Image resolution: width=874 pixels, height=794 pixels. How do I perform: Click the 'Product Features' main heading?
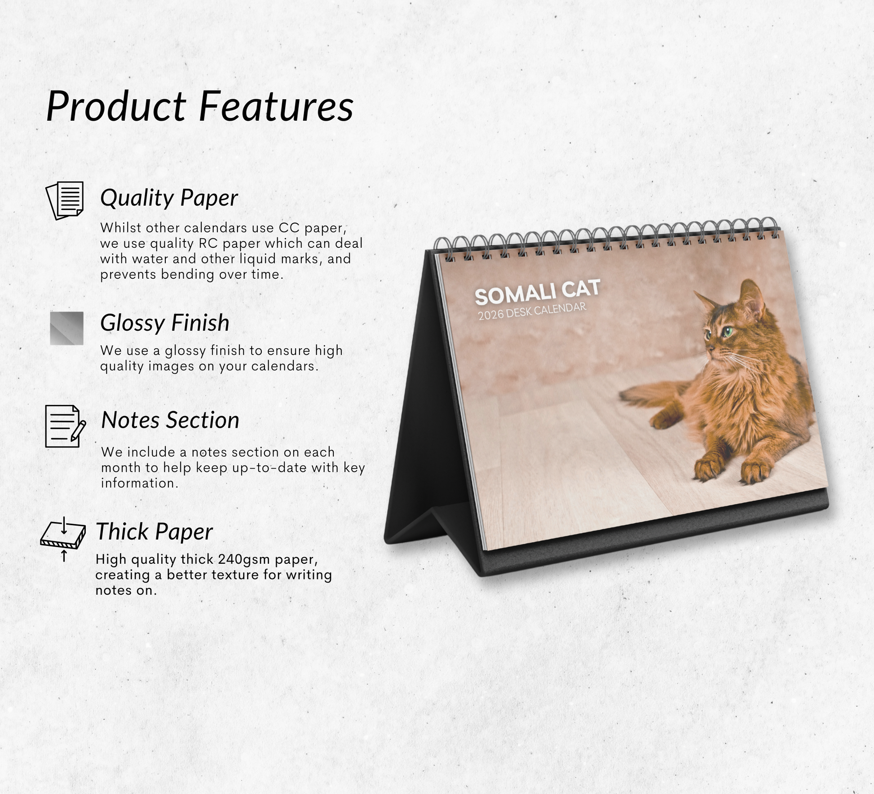[200, 106]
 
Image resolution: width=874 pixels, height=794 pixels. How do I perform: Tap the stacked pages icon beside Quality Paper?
[65, 201]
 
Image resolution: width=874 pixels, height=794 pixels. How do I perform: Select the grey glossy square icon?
[66, 328]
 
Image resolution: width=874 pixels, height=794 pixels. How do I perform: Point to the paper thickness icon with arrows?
[63, 538]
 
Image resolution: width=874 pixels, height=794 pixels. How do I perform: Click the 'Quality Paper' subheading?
[169, 198]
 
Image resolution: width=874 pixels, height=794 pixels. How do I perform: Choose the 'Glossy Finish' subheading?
[165, 323]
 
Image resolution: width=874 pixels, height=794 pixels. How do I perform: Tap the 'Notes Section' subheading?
[170, 420]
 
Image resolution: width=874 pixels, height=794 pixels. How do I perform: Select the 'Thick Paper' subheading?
[154, 532]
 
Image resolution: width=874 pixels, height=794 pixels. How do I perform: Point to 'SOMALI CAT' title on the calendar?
[537, 292]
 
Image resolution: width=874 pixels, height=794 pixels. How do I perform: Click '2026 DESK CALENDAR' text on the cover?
[532, 311]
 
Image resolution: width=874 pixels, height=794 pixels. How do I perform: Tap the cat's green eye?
[726, 332]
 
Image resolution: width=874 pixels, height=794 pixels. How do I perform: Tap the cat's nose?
[706, 348]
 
